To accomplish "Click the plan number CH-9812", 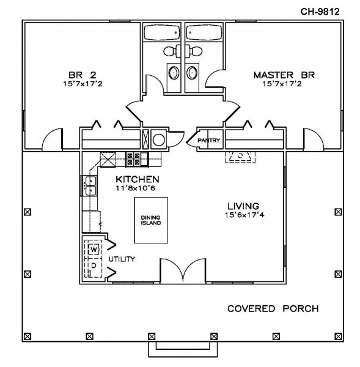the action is [320, 12].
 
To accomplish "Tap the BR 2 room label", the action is [83, 75].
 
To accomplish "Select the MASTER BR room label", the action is [284, 75].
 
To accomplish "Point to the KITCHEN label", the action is [138, 179].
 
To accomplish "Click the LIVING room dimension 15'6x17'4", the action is [244, 215].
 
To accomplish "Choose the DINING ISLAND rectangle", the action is [151, 220].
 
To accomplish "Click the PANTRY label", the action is [208, 140].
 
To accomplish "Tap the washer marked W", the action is [94, 250].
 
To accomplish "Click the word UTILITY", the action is [122, 259].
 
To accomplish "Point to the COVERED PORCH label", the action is [273, 308].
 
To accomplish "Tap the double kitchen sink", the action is [90, 185].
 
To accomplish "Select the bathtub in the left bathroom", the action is [162, 33].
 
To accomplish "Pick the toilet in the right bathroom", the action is [194, 51].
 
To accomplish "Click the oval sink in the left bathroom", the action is [174, 73].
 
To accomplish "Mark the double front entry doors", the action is [183, 271].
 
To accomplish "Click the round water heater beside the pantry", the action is [159, 139].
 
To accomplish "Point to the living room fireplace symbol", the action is [240, 157].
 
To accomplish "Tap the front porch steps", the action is [183, 349].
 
